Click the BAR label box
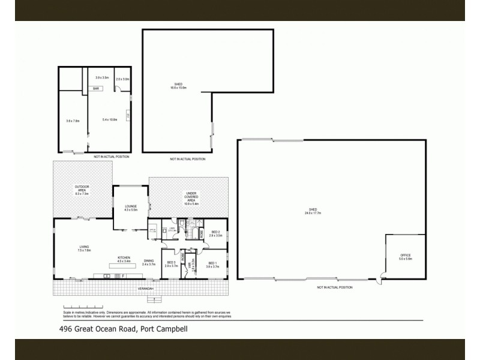(x=95, y=89)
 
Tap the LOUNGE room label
(x=131, y=206)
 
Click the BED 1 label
(x=212, y=263)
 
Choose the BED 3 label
(x=171, y=262)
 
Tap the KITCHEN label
(x=124, y=257)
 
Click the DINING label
(x=148, y=260)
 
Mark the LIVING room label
(x=84, y=247)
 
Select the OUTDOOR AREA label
(x=82, y=188)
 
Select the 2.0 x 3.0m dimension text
(x=122, y=79)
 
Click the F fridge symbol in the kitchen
(x=123, y=275)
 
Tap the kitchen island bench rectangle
(x=124, y=265)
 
